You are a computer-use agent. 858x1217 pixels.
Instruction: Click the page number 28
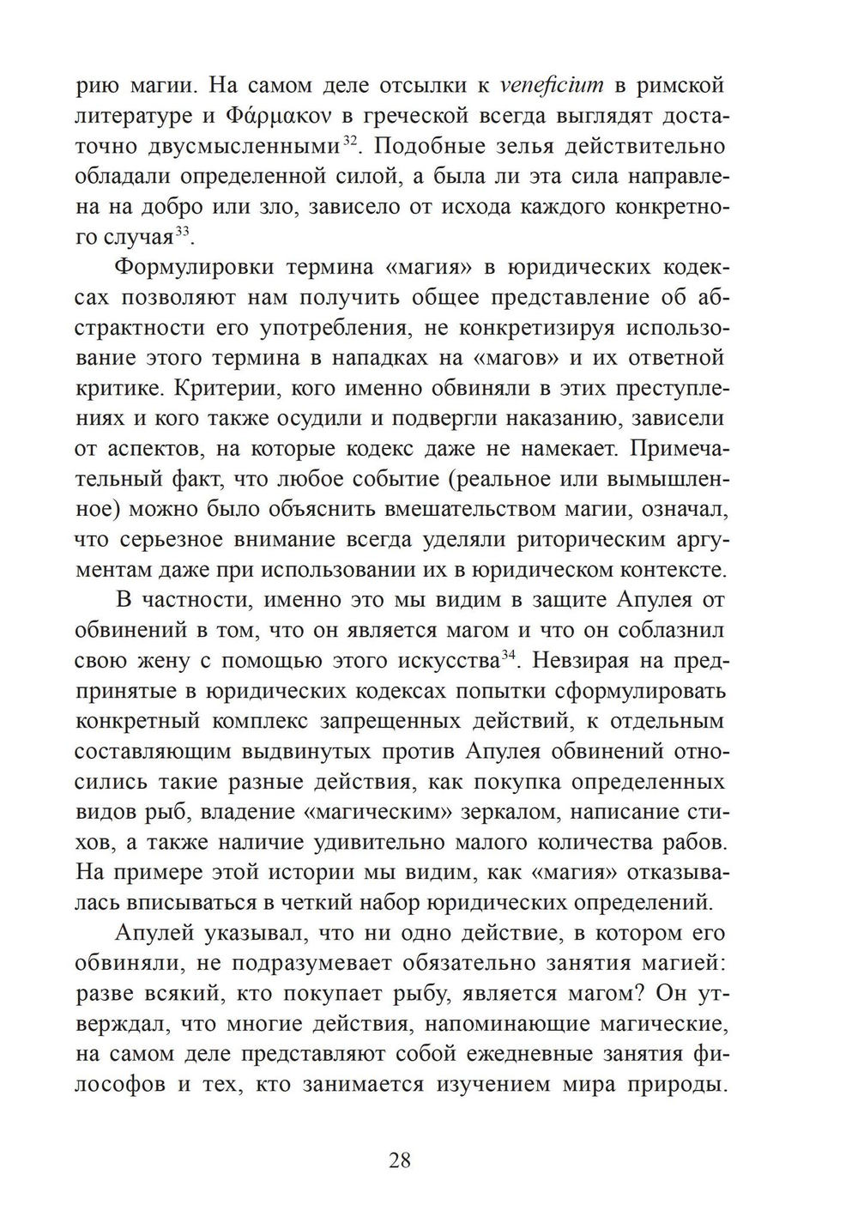point(400,1161)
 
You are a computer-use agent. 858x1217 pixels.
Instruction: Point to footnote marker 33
point(182,232)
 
